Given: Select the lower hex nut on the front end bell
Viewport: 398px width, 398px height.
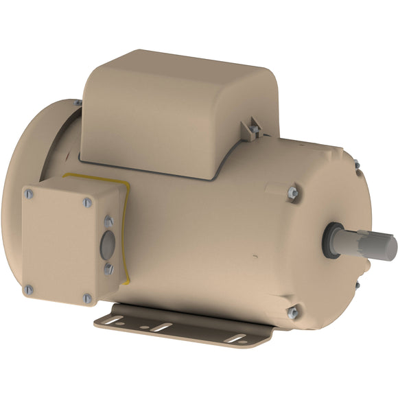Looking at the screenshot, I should tap(292, 312).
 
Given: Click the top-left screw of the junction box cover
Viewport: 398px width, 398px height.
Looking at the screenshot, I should tap(29, 194).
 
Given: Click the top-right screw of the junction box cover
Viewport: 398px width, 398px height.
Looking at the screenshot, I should tap(87, 202).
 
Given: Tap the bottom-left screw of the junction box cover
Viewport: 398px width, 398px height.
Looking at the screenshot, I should tap(28, 289).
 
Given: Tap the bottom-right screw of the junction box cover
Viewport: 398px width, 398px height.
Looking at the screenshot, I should tap(87, 298).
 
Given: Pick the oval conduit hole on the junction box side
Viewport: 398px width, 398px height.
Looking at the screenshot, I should tap(108, 246).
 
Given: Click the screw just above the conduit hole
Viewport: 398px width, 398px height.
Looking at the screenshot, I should tap(108, 221).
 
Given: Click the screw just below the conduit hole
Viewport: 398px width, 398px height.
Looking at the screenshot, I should tap(108, 270).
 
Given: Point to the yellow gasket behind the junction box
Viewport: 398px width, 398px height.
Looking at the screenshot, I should tap(126, 226).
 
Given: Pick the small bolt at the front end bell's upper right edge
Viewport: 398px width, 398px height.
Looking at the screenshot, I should tap(356, 165).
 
